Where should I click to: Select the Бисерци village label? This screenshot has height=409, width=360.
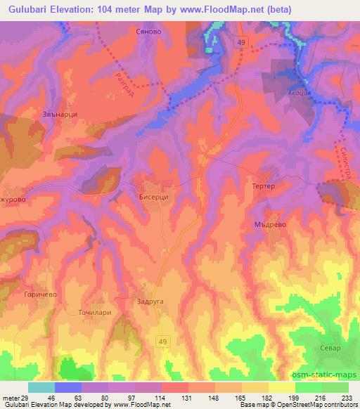click(x=153, y=197)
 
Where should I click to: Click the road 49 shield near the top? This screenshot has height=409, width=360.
click(x=241, y=44)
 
